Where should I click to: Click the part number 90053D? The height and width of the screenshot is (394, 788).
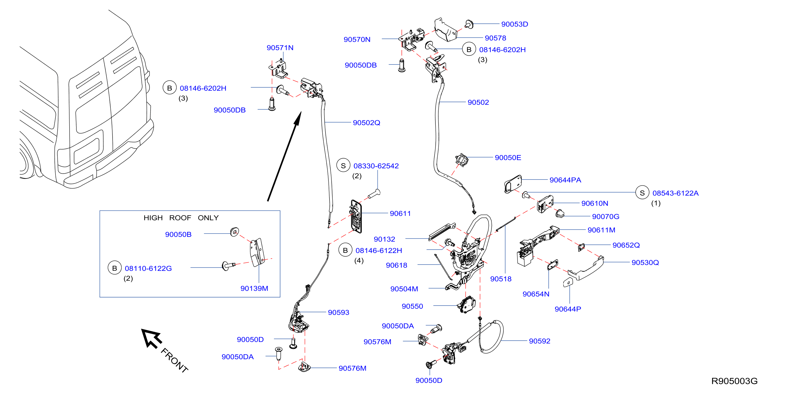515,24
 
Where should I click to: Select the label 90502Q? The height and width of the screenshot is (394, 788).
366,123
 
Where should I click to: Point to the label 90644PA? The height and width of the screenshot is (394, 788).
565,180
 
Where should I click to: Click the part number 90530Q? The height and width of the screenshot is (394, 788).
645,263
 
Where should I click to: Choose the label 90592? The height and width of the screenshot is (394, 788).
539,341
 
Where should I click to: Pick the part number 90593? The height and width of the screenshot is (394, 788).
338,312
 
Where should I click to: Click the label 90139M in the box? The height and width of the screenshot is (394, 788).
254,288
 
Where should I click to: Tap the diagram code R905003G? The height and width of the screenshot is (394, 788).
734,381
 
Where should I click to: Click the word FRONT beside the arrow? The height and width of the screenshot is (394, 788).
174,360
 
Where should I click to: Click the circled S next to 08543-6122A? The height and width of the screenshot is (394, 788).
642,193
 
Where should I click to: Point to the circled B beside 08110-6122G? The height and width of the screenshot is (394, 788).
115,268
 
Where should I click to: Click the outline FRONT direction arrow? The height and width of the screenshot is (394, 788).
151,338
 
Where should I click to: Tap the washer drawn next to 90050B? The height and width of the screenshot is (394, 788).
235,232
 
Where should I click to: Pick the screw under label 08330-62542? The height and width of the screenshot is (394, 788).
374,194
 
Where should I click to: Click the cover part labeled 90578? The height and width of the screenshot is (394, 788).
446,30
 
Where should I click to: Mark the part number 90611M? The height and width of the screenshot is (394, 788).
601,230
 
